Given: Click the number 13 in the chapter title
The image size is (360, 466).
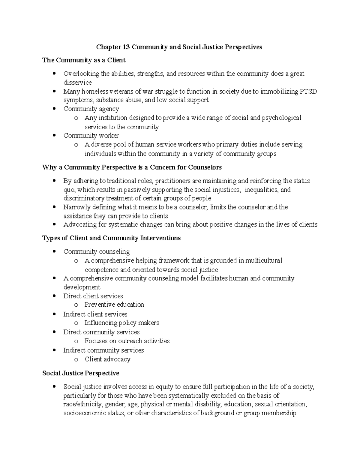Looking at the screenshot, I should pos(126,47).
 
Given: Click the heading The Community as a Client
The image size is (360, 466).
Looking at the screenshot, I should pos(84,60).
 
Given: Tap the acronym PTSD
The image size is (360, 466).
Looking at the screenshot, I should pos(308,91).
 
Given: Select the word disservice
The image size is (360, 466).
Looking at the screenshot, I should pos(77,83).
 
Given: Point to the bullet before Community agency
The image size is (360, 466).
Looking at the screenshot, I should pos(54,109).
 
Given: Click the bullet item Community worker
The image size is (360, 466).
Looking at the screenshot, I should pos(91,136).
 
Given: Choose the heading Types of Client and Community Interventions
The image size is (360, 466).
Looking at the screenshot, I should pos(111,238).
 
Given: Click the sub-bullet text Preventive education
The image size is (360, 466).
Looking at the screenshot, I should pos(114,305).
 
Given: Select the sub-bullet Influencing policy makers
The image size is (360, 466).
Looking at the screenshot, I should pos(121,323).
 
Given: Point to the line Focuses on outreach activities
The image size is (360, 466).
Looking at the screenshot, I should pos(127,341).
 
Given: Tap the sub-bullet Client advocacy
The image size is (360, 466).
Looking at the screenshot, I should pos(107,359).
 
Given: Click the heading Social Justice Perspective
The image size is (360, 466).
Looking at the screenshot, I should pos(81,373).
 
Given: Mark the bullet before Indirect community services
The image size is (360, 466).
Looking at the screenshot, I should pos(54,350).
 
